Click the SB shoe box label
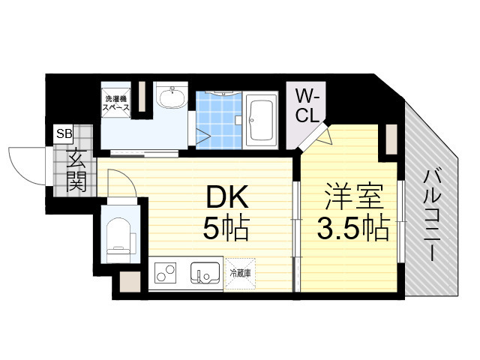[x=64, y=133]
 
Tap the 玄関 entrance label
[x=76, y=170]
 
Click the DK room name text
[x=226, y=197]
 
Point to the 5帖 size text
[x=226, y=228]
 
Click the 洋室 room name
[x=354, y=196]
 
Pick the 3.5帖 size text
[x=353, y=229]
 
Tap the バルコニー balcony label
[x=432, y=215]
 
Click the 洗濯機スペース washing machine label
[x=115, y=103]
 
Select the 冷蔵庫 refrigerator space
[x=240, y=273]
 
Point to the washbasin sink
[x=172, y=97]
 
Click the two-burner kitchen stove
[x=165, y=273]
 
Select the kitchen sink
[x=205, y=273]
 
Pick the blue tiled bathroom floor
[x=219, y=120]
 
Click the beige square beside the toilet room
[x=130, y=282]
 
